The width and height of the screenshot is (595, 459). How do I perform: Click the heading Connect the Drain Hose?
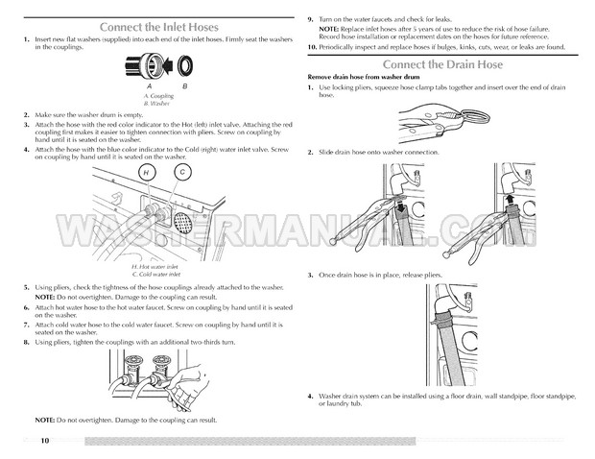coord(442,64)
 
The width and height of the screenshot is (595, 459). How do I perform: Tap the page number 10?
coord(44,441)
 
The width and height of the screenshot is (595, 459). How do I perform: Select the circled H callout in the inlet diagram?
coord(146,171)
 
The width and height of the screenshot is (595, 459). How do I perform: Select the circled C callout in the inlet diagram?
coord(182,171)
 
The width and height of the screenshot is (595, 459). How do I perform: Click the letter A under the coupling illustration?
coord(149,86)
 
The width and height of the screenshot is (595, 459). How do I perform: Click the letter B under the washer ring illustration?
coord(185,86)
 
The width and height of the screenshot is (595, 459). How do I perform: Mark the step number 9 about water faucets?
coord(311,19)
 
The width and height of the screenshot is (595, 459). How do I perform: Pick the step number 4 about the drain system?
coord(311,396)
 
